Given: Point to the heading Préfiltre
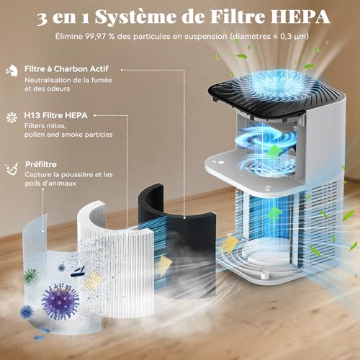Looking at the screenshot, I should click(42, 163).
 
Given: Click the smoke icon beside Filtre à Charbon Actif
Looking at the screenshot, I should click(12, 70).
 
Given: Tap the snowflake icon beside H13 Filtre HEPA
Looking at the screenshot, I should click(12, 115).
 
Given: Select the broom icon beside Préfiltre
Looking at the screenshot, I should click(12, 166).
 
